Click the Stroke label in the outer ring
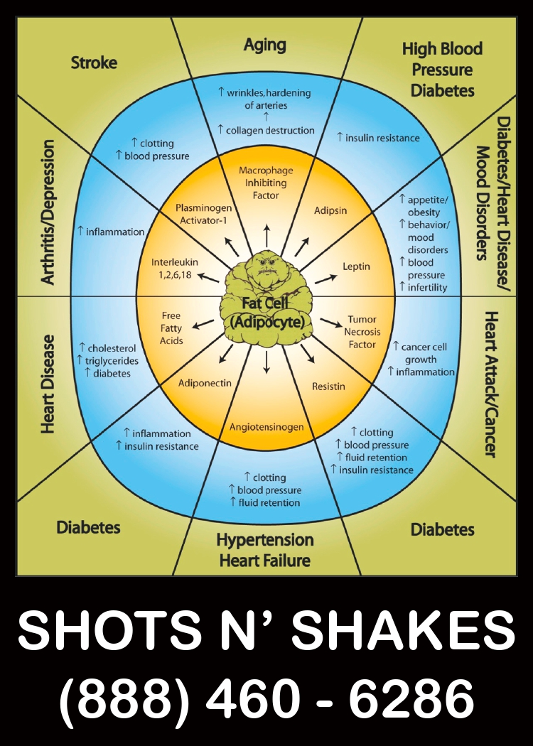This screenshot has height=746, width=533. pos(94,63)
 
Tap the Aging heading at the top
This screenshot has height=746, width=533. pos(264,45)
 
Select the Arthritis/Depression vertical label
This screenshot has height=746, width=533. pos(48,212)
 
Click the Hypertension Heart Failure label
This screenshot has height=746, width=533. pos(264,550)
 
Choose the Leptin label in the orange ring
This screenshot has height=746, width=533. pos(356,266)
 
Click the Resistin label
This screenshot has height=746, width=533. pos(328,386)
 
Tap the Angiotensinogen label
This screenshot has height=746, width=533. pos(266,427)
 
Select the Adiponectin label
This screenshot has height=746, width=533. pos(205,382)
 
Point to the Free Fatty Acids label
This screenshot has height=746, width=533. pos(172,328)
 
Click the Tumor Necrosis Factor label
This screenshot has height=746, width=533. pos(363,332)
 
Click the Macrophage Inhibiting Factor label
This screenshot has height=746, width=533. pos(266,183)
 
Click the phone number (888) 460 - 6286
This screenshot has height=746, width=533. pos(266,698)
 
